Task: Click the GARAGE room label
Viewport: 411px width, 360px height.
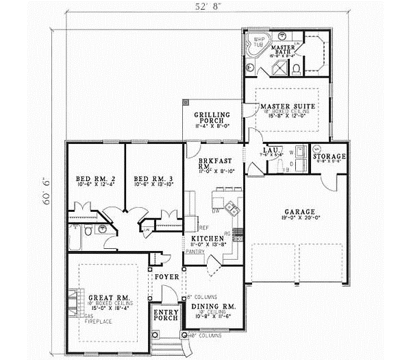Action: pos(295,211)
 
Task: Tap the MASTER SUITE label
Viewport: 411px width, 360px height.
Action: pos(288,107)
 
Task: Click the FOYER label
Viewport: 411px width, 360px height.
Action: pos(166,277)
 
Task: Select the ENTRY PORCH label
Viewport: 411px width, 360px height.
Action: pos(165,316)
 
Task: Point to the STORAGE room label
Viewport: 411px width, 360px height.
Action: pos(329,157)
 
